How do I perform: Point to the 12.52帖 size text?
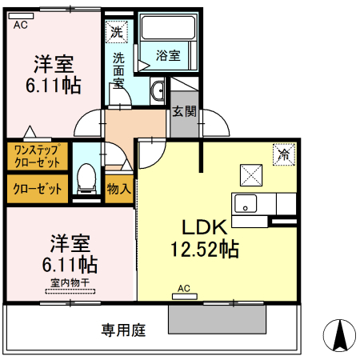click(203, 249)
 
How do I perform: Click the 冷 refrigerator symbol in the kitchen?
click(283, 154)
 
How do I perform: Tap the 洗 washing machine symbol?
click(118, 33)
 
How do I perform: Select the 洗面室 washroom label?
click(118, 70)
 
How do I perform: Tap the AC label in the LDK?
click(183, 288)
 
